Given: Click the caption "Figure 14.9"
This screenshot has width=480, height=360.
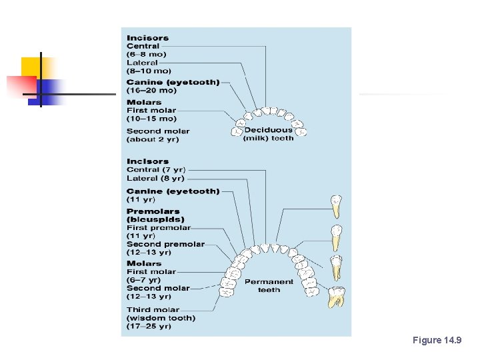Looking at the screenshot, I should tap(437, 341).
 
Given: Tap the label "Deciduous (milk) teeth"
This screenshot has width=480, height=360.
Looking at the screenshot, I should tap(268, 134).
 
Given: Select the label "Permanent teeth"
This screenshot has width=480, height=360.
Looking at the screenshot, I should tap(269, 285).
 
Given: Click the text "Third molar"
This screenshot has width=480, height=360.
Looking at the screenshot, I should tap(153, 309).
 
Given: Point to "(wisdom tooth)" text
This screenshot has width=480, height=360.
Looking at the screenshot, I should tap(161, 318).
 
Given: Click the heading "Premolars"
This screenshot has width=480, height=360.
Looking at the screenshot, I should tap(153, 211).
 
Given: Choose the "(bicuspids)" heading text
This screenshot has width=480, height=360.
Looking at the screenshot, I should tap(155, 219).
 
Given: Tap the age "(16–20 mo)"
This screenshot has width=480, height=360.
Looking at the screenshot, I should tap(151, 90).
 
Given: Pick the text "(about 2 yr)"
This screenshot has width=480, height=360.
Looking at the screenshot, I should tap(153, 139).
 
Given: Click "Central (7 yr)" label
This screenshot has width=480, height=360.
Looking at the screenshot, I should tap(155, 170).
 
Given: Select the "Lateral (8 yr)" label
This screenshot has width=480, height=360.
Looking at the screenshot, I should tap(155, 178).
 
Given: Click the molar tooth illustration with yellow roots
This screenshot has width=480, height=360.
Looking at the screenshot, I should tap(337, 297).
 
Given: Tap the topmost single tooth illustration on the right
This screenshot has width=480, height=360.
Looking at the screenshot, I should tap(337, 207).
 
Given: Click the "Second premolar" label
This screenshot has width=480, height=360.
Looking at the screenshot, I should tap(165, 244).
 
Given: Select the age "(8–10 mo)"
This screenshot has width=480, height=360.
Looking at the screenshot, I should tap(149, 71).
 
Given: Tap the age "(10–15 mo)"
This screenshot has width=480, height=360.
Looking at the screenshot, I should tap(151, 119).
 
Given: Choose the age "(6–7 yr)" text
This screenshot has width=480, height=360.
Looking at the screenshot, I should tap(143, 280).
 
